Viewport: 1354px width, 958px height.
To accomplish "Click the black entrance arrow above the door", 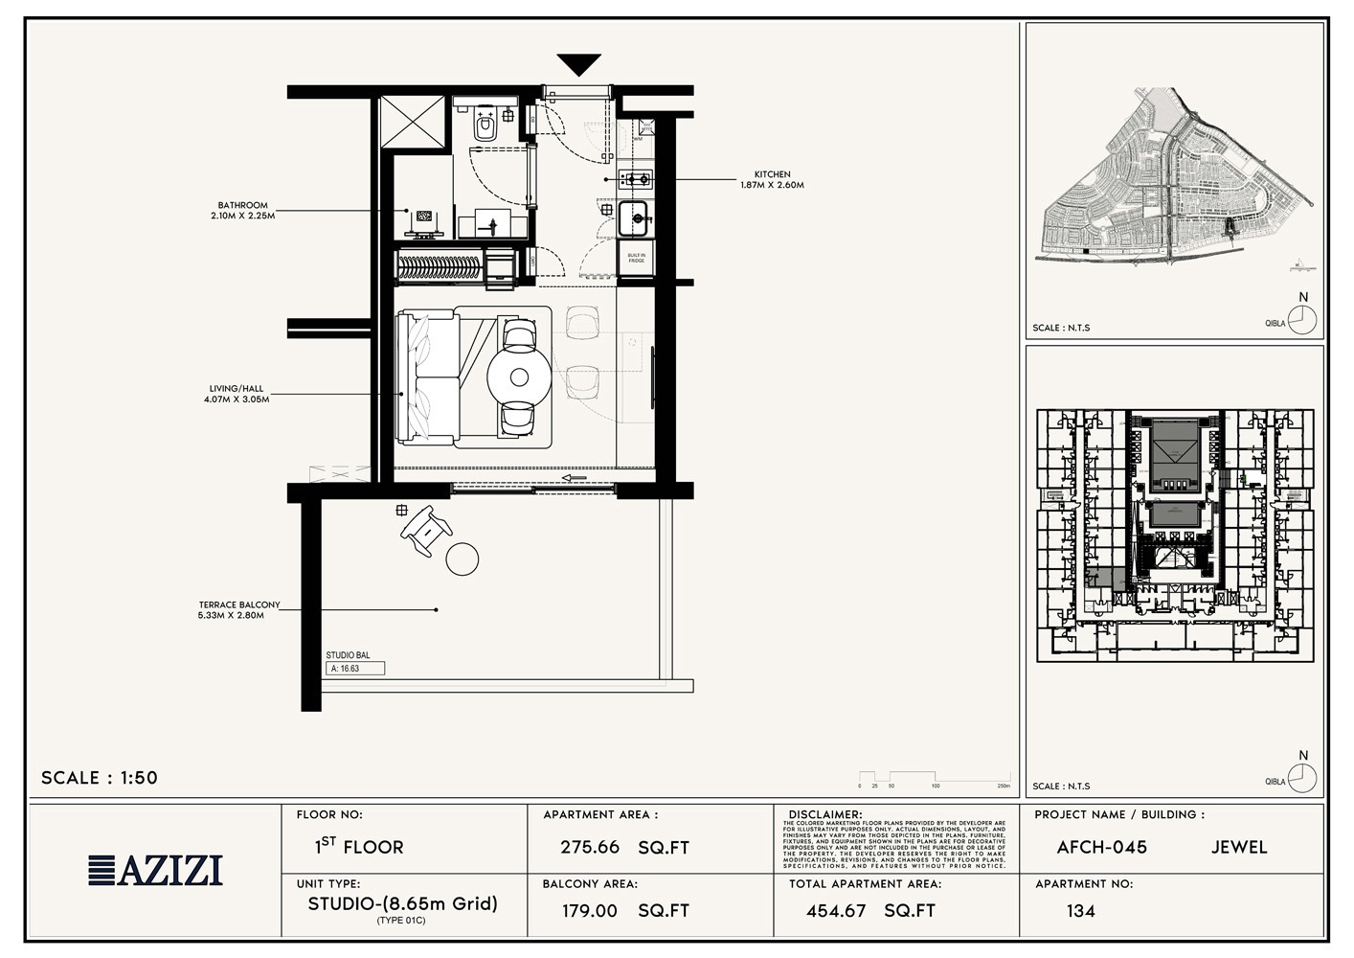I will [579, 65].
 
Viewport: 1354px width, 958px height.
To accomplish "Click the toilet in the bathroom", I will [485, 125].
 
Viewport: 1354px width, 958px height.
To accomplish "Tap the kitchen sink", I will [635, 219].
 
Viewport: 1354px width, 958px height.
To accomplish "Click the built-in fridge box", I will [636, 258].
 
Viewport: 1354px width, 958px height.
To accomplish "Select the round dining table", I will [519, 377].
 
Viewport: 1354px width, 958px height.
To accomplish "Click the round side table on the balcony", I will [463, 559].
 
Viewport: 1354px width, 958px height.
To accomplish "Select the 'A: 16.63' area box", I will [355, 669].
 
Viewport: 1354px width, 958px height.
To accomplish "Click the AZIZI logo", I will [155, 870].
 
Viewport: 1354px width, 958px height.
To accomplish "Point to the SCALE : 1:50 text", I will [100, 778].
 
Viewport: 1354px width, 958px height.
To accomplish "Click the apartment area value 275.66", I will [590, 848].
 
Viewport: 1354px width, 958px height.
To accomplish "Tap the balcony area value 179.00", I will [590, 911].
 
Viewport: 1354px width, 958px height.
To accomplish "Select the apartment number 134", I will [1080, 911].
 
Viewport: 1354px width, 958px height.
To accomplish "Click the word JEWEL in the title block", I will [1239, 848].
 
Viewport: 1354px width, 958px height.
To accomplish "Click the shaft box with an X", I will [414, 123].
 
